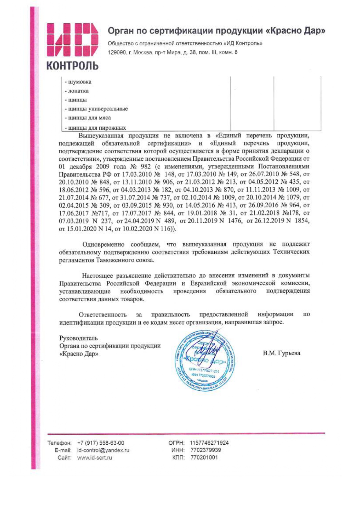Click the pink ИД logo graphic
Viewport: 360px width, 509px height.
72,40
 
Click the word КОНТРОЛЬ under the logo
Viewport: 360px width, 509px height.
72,66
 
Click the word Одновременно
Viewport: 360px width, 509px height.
103,244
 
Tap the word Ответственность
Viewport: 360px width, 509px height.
103,315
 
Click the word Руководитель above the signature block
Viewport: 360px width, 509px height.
78,338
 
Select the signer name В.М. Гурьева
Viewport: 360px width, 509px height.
281,353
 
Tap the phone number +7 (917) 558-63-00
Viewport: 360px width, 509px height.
100,443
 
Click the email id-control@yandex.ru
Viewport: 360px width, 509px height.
103,450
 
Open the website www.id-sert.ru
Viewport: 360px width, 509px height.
94,458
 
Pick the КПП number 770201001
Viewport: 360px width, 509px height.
204,458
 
